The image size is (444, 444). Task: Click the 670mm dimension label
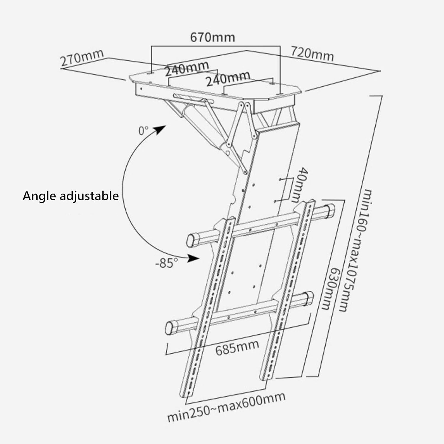pyautogui.click(x=212, y=37)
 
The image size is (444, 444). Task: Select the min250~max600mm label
pyautogui.click(x=226, y=407)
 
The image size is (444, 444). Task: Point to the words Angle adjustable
pyautogui.click(x=71, y=196)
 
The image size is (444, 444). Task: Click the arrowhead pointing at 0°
pyautogui.click(x=160, y=129)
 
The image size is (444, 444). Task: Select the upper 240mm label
pyautogui.click(x=186, y=68)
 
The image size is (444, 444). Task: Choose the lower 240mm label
pyautogui.click(x=228, y=78)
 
